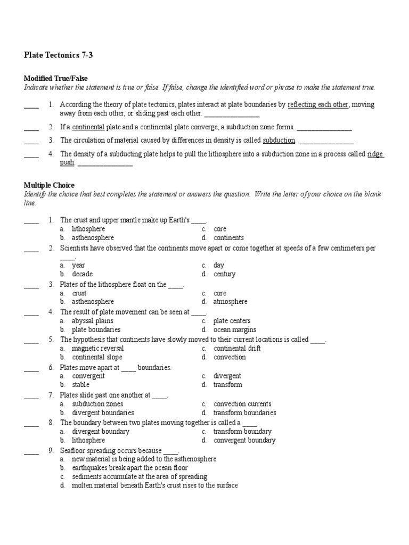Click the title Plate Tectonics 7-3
coord(59,55)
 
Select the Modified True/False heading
coord(55,78)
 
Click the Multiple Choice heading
coord(49,185)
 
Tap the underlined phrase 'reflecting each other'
coord(317,105)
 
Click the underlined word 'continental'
coord(88,127)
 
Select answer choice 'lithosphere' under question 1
coord(88,229)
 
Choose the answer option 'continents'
coord(228,238)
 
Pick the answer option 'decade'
coord(83,274)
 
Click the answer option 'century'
coord(224,274)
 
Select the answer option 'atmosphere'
coord(230,302)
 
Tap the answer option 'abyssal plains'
coord(93,321)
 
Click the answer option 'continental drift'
coord(237,349)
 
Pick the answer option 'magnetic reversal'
coord(98,349)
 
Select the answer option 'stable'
coord(81,384)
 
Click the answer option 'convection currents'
coord(242,404)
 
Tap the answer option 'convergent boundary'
coord(244,440)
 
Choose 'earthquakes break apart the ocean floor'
coord(130,468)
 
